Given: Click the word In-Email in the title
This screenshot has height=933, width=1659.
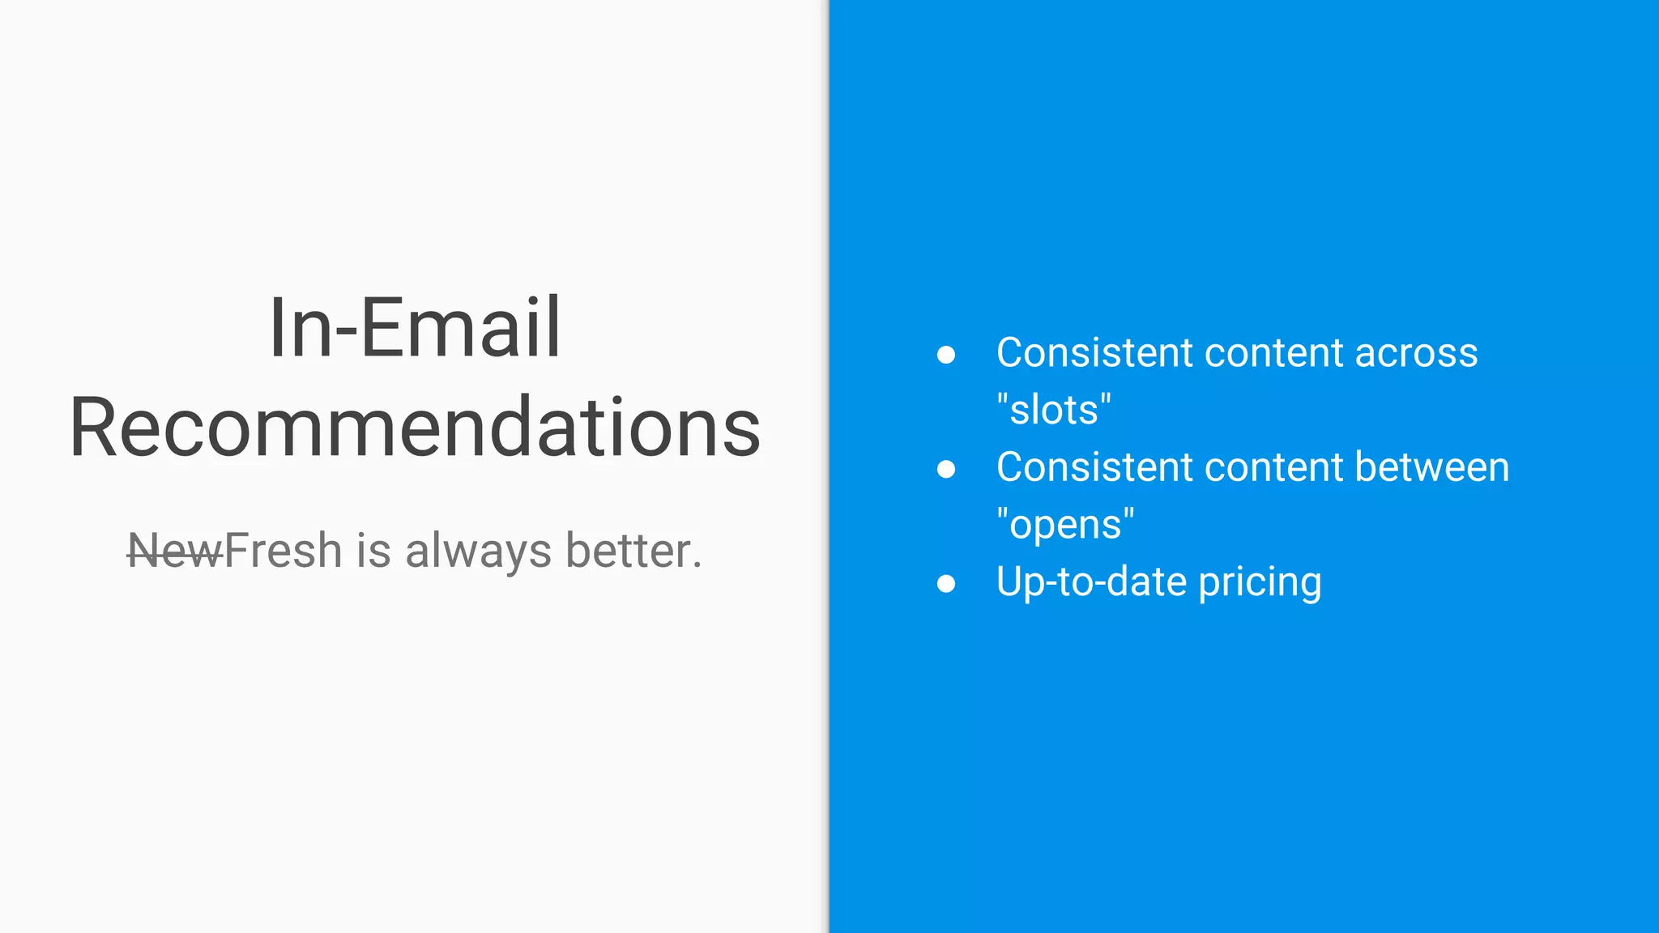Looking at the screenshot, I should click(415, 327).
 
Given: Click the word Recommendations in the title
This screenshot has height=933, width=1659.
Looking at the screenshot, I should click(415, 427).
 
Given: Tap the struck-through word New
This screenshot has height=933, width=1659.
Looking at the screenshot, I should click(175, 552).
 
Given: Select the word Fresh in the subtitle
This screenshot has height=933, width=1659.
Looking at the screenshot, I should click(284, 552).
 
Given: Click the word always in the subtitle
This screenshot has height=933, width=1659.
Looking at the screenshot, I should click(478, 552).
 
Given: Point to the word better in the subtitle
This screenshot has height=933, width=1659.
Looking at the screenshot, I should click(629, 552).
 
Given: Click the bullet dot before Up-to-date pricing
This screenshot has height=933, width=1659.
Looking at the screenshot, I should click(945, 583).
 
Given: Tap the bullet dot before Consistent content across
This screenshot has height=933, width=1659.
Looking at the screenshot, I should click(945, 355).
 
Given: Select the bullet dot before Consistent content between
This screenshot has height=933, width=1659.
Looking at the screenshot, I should click(945, 469).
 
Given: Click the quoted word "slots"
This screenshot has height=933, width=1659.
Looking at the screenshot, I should click(1054, 409).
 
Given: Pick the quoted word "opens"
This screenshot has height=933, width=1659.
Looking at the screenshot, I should click(1065, 524).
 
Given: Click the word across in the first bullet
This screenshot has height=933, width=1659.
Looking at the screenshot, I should click(1416, 353).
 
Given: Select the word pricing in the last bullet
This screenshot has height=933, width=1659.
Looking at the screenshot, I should click(1260, 583).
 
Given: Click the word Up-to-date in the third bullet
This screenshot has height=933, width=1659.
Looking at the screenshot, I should click(1091, 583).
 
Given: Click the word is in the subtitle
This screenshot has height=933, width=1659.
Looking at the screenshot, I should click(373, 552).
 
